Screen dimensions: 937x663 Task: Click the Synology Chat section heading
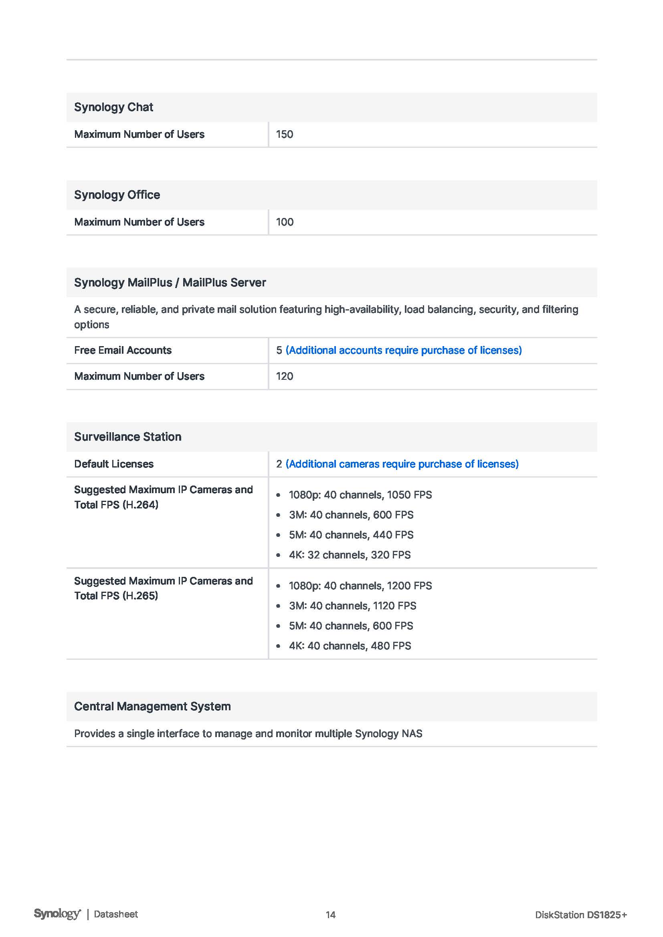coord(113,107)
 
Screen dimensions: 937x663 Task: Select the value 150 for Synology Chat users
coord(285,134)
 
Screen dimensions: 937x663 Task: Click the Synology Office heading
coord(117,195)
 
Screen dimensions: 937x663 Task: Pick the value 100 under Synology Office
coord(285,222)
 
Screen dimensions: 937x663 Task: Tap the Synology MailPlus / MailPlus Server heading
coord(170,282)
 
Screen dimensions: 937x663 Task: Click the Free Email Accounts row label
coord(123,350)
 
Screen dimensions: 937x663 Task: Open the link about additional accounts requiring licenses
coord(403,350)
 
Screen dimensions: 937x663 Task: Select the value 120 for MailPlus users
coord(285,376)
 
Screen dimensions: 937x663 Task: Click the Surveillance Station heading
coord(127,437)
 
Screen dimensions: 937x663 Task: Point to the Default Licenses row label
coord(113,464)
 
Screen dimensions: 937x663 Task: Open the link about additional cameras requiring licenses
coord(402,464)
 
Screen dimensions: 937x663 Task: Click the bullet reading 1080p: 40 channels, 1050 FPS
coord(360,495)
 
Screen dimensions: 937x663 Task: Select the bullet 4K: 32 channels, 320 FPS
coord(350,554)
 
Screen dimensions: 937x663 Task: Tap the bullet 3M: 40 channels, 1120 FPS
coord(352,606)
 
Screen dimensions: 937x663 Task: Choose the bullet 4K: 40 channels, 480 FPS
coord(350,646)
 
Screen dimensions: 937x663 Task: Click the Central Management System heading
coord(152,706)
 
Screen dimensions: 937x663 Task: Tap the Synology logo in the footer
coord(57,914)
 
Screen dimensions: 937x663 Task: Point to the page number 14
coord(330,915)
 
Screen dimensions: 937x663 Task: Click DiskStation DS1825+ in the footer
coord(580,915)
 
